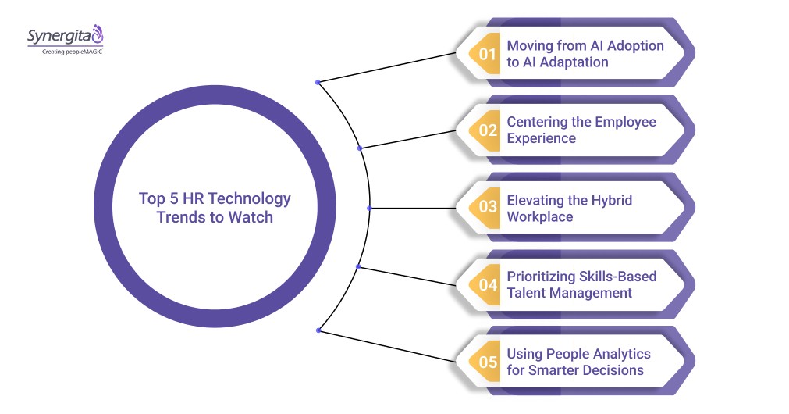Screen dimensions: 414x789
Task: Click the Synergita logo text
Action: (59, 36)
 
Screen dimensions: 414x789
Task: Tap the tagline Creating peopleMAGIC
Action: (65, 51)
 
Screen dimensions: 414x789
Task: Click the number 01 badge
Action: (488, 54)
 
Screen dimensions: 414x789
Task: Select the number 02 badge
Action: (488, 130)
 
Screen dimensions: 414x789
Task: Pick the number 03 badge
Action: (488, 208)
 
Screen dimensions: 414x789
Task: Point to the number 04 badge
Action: (488, 285)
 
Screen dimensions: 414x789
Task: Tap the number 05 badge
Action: (488, 362)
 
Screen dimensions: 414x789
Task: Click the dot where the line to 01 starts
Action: (317, 82)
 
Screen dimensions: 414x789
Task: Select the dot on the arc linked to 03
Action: (369, 208)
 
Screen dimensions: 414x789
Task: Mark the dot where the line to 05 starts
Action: (318, 330)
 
